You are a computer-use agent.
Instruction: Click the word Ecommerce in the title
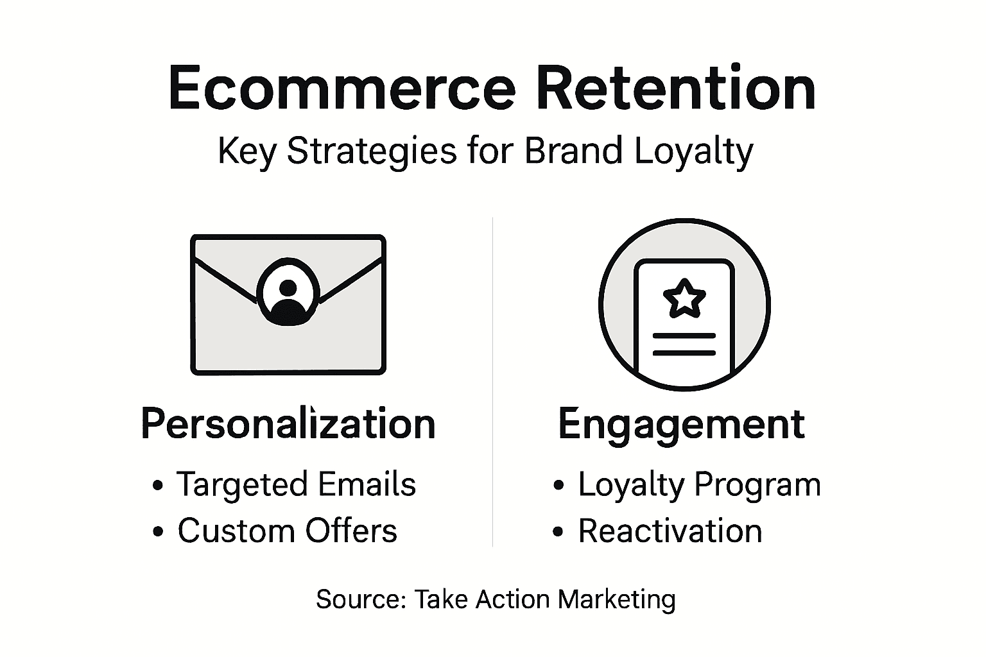tap(341, 89)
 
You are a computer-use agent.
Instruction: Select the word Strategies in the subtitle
tap(372, 153)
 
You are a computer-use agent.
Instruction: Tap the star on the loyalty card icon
tap(684, 298)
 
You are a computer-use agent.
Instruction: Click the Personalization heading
tap(288, 424)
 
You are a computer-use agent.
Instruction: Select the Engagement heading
tap(681, 424)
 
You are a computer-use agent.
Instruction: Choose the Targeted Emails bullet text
tap(296, 484)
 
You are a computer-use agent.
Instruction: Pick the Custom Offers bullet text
tap(287, 531)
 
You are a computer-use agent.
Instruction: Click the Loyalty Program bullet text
tap(699, 484)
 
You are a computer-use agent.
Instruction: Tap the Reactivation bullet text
tap(670, 531)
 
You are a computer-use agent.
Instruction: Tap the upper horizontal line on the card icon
tap(684, 336)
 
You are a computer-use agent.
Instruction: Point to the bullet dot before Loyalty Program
tap(558, 486)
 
